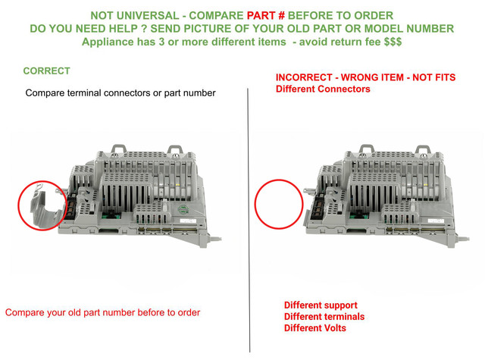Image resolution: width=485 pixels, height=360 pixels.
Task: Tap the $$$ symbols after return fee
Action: click(393, 42)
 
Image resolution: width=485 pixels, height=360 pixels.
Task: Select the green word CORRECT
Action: click(47, 70)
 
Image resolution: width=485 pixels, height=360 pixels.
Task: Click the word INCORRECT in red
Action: click(304, 77)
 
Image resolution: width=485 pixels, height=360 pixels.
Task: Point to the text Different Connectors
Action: click(323, 89)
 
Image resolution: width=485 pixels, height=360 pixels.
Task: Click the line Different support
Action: click(321, 305)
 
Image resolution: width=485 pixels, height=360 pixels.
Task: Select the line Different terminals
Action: click(324, 317)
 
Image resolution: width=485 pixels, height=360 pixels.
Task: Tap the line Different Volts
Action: click(315, 328)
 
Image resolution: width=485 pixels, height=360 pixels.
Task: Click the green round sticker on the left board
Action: click(183, 209)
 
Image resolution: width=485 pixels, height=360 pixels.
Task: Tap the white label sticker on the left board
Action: click(188, 221)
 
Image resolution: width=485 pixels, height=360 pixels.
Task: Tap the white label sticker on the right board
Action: click(436, 221)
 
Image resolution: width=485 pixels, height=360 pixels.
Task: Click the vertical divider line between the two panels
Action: click(249, 221)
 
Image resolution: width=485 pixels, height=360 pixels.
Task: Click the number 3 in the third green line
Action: click(161, 42)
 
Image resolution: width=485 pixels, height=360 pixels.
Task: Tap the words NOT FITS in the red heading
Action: click(434, 77)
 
